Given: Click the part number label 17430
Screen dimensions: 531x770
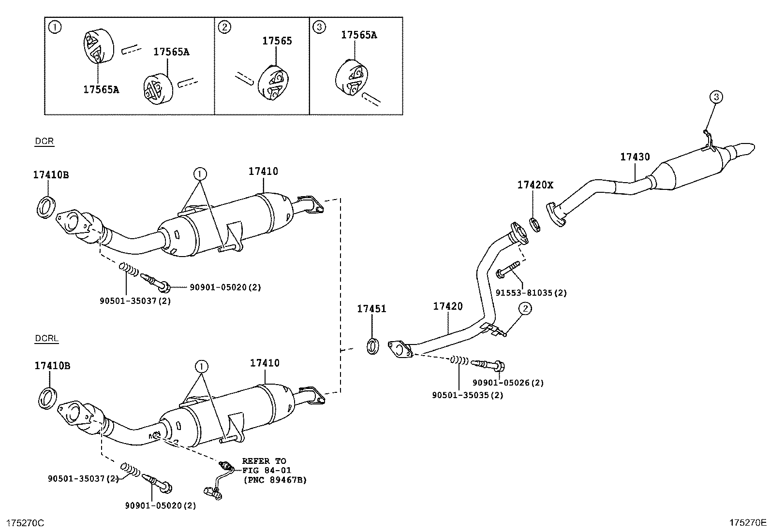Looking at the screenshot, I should [x=635, y=157].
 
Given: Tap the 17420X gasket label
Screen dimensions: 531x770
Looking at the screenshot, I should [x=534, y=185].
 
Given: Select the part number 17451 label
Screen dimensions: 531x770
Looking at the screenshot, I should [x=371, y=309].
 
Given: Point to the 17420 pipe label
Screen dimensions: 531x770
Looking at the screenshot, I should [x=447, y=306].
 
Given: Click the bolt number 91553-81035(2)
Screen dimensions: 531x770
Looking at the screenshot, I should [x=531, y=293].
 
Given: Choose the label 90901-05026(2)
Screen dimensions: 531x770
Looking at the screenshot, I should [x=508, y=383].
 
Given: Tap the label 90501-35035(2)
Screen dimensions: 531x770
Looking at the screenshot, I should [x=467, y=395].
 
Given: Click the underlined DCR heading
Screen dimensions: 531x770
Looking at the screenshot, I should [x=44, y=142].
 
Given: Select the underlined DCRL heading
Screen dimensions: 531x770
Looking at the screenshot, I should [x=46, y=338].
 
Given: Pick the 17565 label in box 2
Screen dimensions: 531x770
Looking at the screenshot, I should [x=277, y=41].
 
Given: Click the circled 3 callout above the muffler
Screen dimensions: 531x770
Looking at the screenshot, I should [x=716, y=97].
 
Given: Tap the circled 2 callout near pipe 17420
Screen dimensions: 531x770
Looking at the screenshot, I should [x=525, y=308].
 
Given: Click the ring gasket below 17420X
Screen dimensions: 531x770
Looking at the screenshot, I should [x=534, y=224].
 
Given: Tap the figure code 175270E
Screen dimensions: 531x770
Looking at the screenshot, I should [x=748, y=522].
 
